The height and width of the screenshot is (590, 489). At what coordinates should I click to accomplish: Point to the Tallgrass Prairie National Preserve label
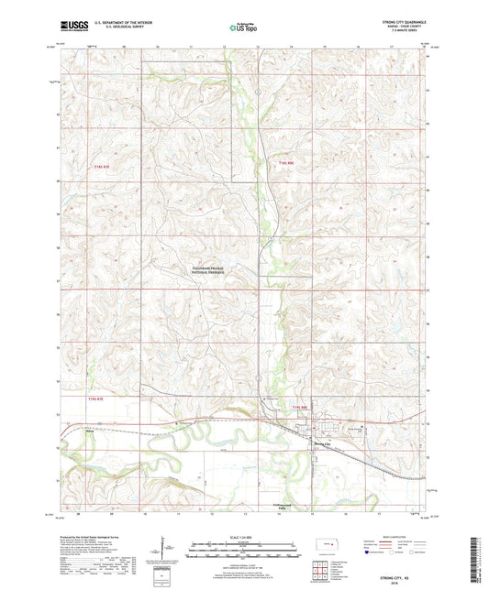(x=214, y=270)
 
